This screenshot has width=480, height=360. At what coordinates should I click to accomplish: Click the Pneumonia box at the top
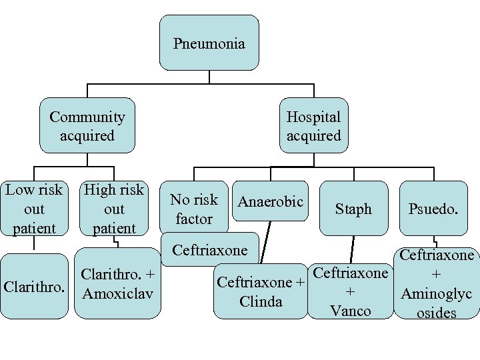pyautogui.click(x=209, y=43)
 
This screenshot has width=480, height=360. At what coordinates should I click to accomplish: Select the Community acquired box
pyautogui.click(x=87, y=126)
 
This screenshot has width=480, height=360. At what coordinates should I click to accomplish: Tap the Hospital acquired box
pyautogui.click(x=313, y=126)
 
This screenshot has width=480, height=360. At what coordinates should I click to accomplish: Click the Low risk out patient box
pyautogui.click(x=34, y=209)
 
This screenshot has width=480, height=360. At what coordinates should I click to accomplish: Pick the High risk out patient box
pyautogui.click(x=114, y=209)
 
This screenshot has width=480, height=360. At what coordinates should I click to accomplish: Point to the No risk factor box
pyautogui.click(x=193, y=209)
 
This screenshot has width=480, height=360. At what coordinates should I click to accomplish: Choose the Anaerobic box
pyautogui.click(x=271, y=201)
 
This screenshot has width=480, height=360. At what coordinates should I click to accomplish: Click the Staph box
pyautogui.click(x=353, y=209)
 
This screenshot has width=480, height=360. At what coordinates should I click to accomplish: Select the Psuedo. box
pyautogui.click(x=433, y=209)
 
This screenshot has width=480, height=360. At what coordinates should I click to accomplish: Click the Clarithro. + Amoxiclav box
pyautogui.click(x=117, y=283)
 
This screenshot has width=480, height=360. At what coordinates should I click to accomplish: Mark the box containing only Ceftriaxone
pyautogui.click(x=209, y=250)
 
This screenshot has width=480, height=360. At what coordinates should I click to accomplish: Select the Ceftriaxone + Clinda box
pyautogui.click(x=261, y=291)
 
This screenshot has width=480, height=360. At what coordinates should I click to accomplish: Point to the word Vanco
pyautogui.click(x=351, y=311)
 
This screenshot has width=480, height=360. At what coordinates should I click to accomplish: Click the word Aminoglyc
pyautogui.click(x=436, y=293)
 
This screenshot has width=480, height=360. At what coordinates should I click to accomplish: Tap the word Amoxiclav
pyautogui.click(x=117, y=293)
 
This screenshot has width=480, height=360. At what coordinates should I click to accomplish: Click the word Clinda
pyautogui.click(x=261, y=301)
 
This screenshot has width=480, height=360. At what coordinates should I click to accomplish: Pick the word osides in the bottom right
pyautogui.click(x=436, y=312)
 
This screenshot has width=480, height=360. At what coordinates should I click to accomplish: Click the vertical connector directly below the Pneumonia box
pyautogui.click(x=209, y=76)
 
